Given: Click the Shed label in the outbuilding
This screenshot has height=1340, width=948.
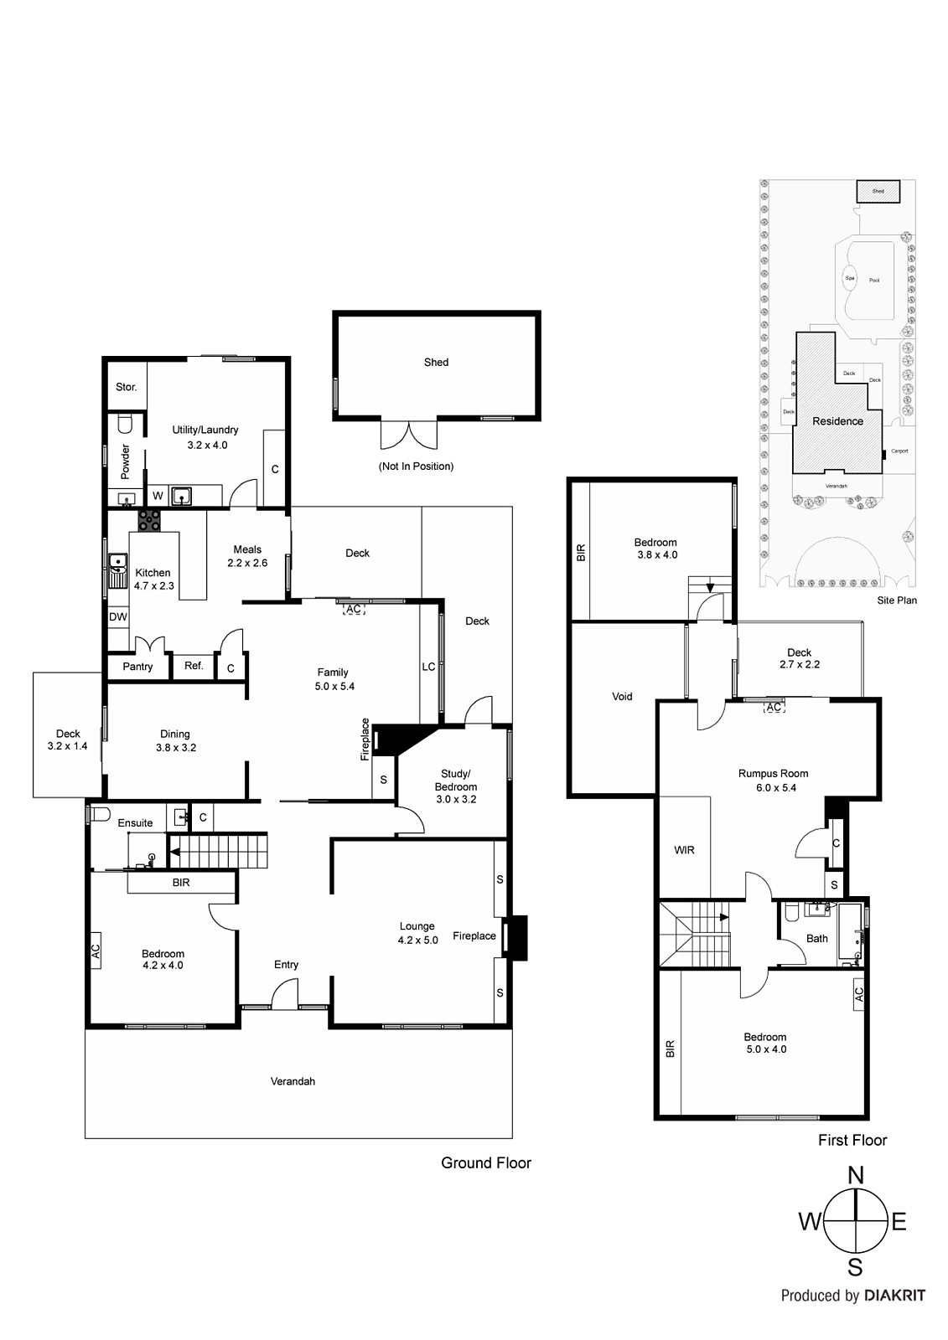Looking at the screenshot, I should (436, 363).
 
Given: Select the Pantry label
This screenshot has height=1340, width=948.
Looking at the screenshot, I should (137, 667).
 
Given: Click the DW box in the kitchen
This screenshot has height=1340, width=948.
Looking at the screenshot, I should (118, 617).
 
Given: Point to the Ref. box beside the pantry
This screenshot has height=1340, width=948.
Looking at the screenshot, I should (194, 666).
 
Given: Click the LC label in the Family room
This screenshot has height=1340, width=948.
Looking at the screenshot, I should (428, 667).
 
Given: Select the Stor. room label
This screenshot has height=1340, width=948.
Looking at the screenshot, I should (126, 387).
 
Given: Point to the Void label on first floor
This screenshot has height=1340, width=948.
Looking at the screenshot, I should (622, 697).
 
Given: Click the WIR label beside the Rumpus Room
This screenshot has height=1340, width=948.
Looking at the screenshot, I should (684, 850).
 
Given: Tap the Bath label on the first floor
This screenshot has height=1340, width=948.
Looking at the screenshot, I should (816, 939).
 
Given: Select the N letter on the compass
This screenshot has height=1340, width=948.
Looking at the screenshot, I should (855, 1176).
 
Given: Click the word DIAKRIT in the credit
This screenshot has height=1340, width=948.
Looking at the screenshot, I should (894, 1296).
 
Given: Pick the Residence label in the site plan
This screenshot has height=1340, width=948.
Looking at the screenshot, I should (837, 421).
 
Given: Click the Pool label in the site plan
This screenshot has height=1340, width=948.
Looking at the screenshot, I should (874, 280).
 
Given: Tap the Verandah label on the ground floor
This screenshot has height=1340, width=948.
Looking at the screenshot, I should (293, 1081).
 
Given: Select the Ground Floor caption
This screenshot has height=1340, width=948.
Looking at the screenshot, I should (485, 1162).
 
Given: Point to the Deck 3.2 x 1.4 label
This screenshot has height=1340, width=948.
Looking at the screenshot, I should (68, 740).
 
